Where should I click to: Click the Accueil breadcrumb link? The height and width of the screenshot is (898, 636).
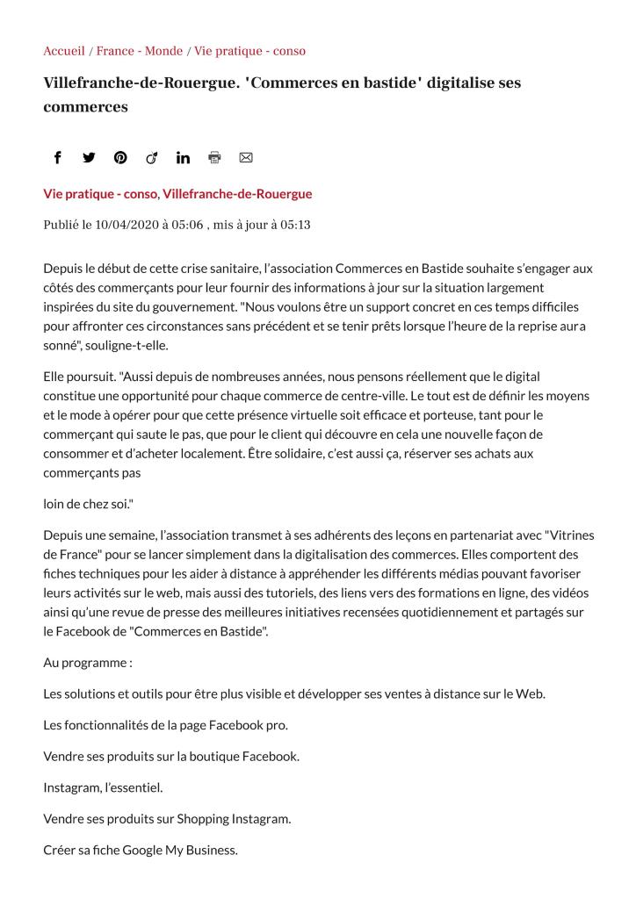point(64,51)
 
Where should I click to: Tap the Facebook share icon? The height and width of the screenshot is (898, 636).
point(58,158)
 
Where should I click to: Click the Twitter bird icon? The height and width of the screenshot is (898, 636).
point(89,158)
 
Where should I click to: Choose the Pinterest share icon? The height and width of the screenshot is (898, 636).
point(120,158)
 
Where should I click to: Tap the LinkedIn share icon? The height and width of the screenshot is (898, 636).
point(183,158)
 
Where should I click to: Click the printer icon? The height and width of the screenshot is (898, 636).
point(214,158)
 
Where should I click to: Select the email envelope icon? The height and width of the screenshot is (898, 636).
point(246,158)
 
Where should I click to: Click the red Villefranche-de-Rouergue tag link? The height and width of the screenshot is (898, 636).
point(237,194)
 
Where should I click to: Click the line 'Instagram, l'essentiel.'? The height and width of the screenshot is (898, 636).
point(103,787)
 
